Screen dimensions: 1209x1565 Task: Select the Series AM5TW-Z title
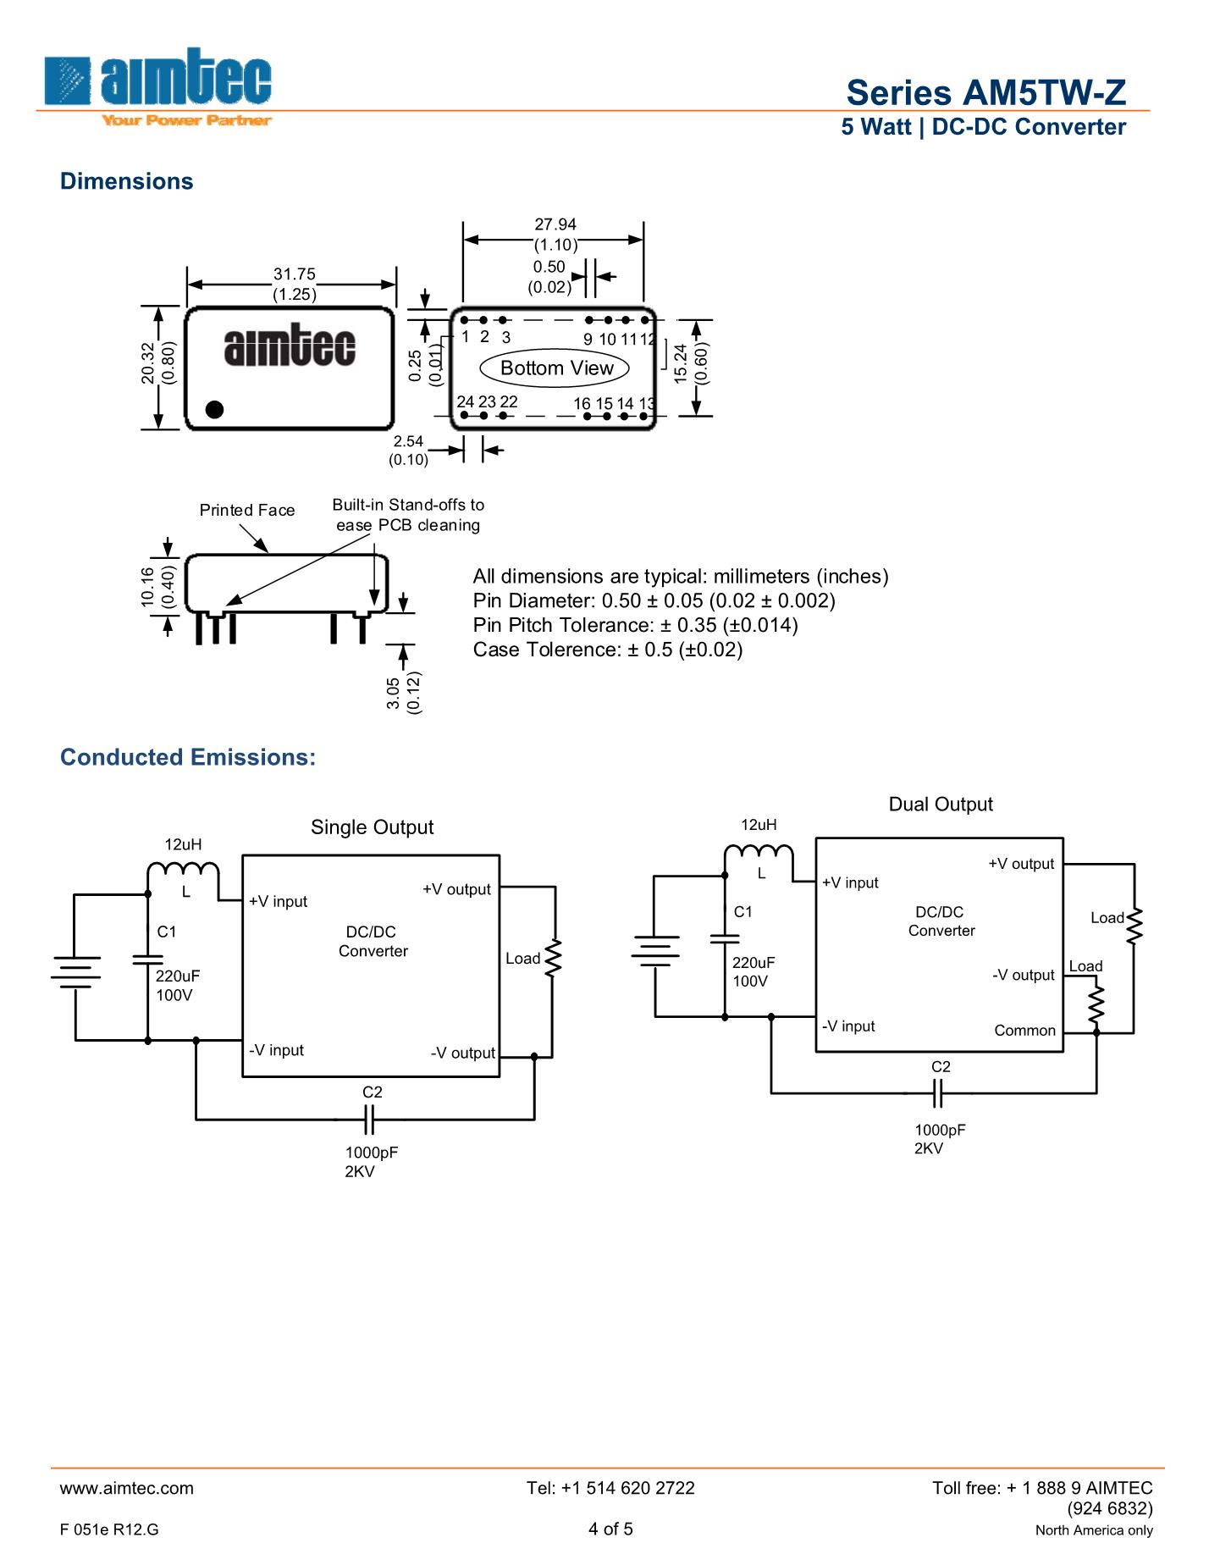pyautogui.click(x=986, y=92)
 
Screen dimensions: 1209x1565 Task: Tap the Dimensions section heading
pyautogui.click(x=127, y=181)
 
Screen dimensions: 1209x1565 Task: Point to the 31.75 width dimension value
pyautogui.click(x=294, y=274)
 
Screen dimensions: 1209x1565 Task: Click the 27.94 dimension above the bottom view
pyautogui.click(x=555, y=224)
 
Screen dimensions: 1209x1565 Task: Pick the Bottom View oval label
pyautogui.click(x=555, y=368)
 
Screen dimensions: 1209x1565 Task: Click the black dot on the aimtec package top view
pyautogui.click(x=215, y=409)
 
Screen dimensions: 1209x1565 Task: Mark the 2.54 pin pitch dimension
pyautogui.click(x=408, y=441)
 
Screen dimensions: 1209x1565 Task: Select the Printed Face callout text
pyautogui.click(x=247, y=510)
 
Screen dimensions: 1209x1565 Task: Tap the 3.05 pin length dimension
pyautogui.click(x=394, y=694)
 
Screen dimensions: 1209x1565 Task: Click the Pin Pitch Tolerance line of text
pyautogui.click(x=635, y=625)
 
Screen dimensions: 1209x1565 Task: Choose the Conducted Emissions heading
pyautogui.click(x=188, y=757)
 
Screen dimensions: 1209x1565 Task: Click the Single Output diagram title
pyautogui.click(x=372, y=827)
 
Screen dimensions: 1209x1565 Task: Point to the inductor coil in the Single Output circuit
pyautogui.click(x=183, y=872)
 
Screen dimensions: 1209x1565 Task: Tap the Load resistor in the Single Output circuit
pyautogui.click(x=554, y=959)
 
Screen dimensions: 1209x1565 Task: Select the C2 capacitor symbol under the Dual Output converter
pyautogui.click(x=937, y=1093)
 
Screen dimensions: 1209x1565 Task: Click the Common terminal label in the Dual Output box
pyautogui.click(x=1024, y=1031)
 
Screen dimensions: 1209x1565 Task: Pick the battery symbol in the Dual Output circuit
pyautogui.click(x=654, y=950)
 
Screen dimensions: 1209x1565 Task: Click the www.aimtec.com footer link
pyautogui.click(x=127, y=1488)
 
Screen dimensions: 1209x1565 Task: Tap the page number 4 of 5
pyautogui.click(x=610, y=1529)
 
